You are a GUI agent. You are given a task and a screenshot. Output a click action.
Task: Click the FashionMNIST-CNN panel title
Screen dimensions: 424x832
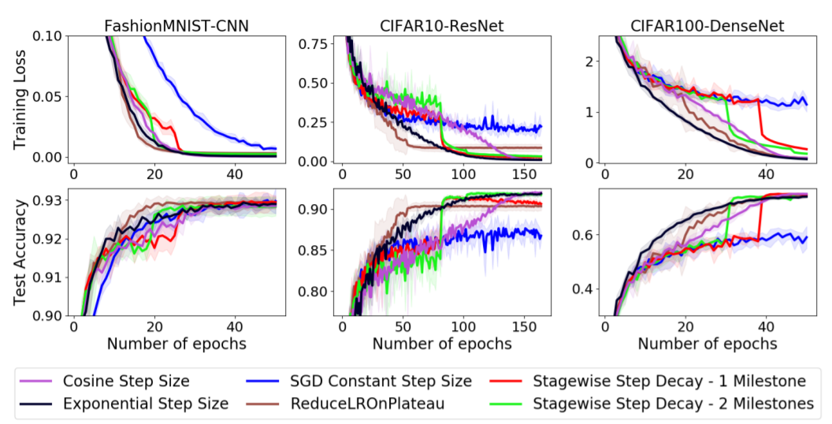click(x=176, y=26)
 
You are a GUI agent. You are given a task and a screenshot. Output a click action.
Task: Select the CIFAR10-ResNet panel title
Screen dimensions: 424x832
click(x=439, y=26)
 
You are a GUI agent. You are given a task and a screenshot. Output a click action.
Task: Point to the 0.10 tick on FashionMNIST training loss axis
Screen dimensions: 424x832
click(x=47, y=36)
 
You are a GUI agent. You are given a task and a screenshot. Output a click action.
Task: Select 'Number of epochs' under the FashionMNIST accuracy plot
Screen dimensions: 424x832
click(x=176, y=344)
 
